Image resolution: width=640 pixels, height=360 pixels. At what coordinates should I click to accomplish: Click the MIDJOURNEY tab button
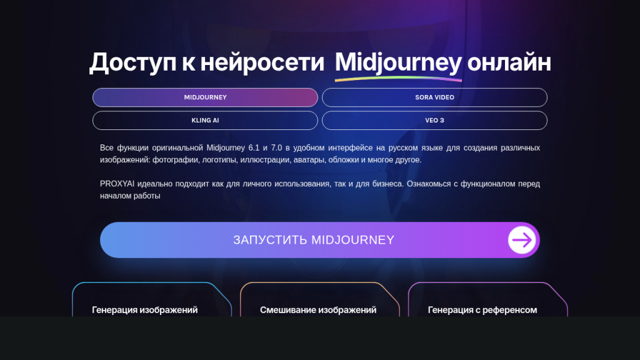click(205, 97)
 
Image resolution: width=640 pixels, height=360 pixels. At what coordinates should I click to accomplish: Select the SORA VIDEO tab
click(434, 97)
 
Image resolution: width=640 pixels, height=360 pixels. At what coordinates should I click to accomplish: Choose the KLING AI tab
click(205, 121)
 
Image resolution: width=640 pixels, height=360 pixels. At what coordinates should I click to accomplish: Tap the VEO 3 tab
click(434, 121)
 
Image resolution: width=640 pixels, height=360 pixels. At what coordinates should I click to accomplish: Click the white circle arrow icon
click(522, 240)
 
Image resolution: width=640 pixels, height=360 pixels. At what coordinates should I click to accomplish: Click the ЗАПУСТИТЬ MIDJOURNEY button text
click(314, 240)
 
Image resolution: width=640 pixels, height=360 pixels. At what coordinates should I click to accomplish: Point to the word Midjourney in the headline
click(398, 63)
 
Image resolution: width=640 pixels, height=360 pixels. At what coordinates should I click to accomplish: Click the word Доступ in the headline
click(132, 63)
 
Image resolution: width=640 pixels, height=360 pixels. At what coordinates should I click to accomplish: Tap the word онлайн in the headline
click(509, 63)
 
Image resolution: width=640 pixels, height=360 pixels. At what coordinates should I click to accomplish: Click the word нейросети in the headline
click(262, 63)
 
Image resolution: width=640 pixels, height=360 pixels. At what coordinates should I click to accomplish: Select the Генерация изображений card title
click(144, 310)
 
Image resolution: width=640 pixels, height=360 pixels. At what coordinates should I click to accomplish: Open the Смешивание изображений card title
click(318, 310)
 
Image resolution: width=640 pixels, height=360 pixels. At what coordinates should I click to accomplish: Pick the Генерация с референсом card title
click(482, 310)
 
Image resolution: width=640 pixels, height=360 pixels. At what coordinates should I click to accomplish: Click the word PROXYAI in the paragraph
click(117, 184)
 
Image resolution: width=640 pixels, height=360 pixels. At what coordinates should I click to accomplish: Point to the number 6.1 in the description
click(254, 147)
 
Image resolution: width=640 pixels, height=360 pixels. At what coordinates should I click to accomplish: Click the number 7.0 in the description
click(276, 147)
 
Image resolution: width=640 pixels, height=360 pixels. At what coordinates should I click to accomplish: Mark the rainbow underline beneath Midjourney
click(398, 79)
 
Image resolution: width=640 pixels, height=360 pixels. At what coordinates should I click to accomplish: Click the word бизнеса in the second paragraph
click(387, 184)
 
